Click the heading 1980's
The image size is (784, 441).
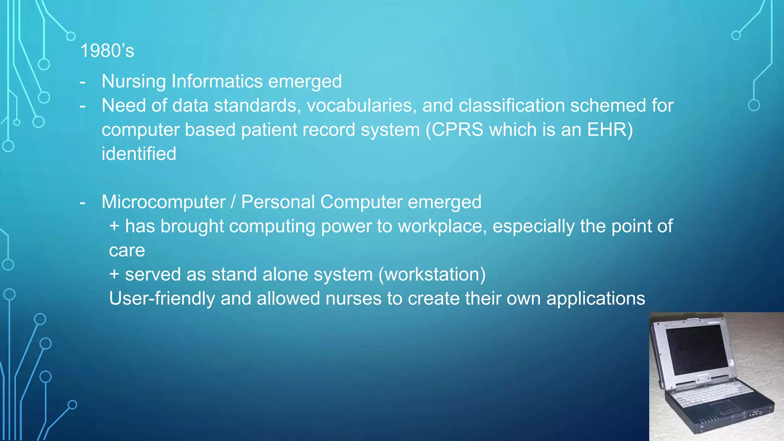[107, 51]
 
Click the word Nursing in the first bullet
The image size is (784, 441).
[134, 82]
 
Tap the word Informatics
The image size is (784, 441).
[217, 82]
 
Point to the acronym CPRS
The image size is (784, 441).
[458, 130]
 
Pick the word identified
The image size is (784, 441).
[139, 154]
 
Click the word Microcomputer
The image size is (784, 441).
[163, 202]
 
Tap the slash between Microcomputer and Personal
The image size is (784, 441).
[233, 202]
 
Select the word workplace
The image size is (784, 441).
[442, 226]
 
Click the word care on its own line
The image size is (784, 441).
[127, 251]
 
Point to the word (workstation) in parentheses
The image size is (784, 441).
[432, 274]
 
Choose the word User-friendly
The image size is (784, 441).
[162, 299]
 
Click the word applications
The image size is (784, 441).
[596, 299]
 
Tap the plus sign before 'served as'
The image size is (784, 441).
[114, 274]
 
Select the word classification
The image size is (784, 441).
[512, 106]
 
